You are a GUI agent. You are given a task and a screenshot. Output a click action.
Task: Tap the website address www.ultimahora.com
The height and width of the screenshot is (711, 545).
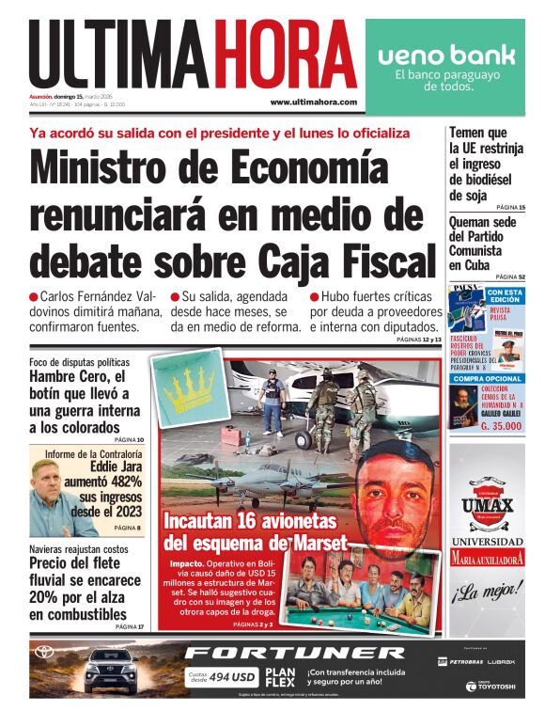click(x=313, y=102)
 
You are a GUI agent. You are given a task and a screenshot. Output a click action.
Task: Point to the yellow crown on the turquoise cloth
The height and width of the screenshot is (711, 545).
click(x=197, y=387)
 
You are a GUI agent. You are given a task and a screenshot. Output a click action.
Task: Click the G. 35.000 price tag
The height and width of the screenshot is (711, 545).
click(x=503, y=426)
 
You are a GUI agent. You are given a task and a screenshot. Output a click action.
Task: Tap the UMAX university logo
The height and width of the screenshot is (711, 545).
click(x=488, y=505)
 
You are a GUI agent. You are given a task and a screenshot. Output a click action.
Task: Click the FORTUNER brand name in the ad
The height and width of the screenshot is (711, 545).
click(x=294, y=652)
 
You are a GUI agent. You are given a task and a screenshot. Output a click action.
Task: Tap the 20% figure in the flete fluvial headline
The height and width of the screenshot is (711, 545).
click(x=45, y=597)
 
